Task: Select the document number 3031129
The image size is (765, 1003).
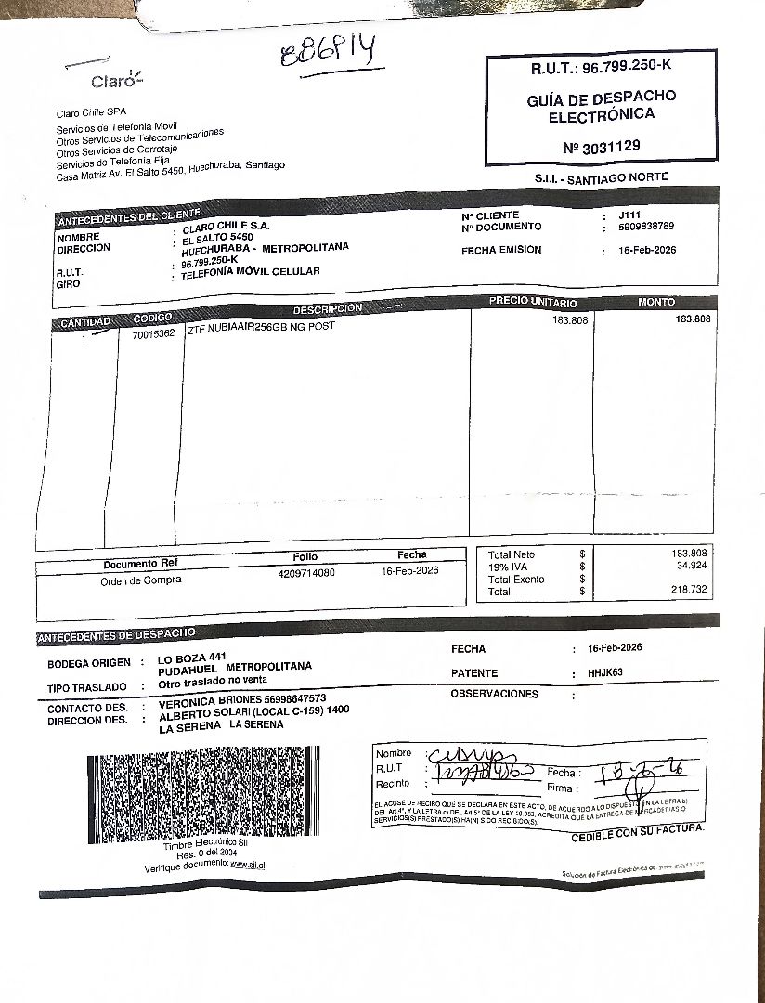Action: click(601, 146)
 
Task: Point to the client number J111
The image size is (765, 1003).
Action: click(629, 215)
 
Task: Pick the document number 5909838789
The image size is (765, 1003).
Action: click(646, 227)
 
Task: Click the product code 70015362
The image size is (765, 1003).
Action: click(153, 333)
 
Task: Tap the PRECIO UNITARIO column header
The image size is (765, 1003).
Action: click(532, 303)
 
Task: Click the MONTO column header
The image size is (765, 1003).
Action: click(656, 302)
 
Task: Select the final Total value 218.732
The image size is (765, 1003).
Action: click(689, 590)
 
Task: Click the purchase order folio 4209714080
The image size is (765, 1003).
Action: click(305, 573)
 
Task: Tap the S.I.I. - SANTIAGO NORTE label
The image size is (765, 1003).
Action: click(601, 177)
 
